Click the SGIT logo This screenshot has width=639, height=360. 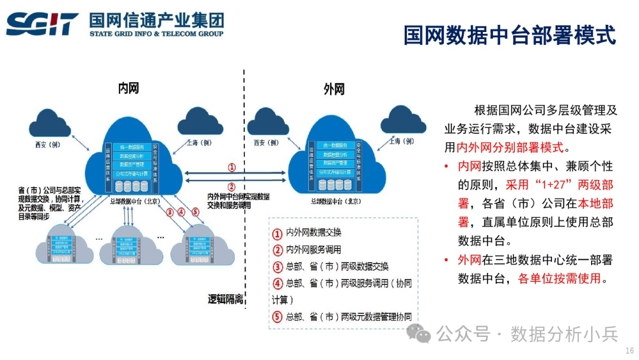42,24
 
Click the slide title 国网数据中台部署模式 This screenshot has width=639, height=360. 509,35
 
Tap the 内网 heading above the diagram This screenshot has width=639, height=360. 128,89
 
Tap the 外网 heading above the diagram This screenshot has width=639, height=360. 334,89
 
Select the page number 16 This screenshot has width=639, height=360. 629,351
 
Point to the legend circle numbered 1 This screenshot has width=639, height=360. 277,233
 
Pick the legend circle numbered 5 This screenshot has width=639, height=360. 277,317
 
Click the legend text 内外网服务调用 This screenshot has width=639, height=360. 314,249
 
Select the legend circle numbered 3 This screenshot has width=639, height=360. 277,266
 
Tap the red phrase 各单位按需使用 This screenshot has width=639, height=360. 559,278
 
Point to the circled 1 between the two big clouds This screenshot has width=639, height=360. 232,168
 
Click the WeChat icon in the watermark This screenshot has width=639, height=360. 423,335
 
